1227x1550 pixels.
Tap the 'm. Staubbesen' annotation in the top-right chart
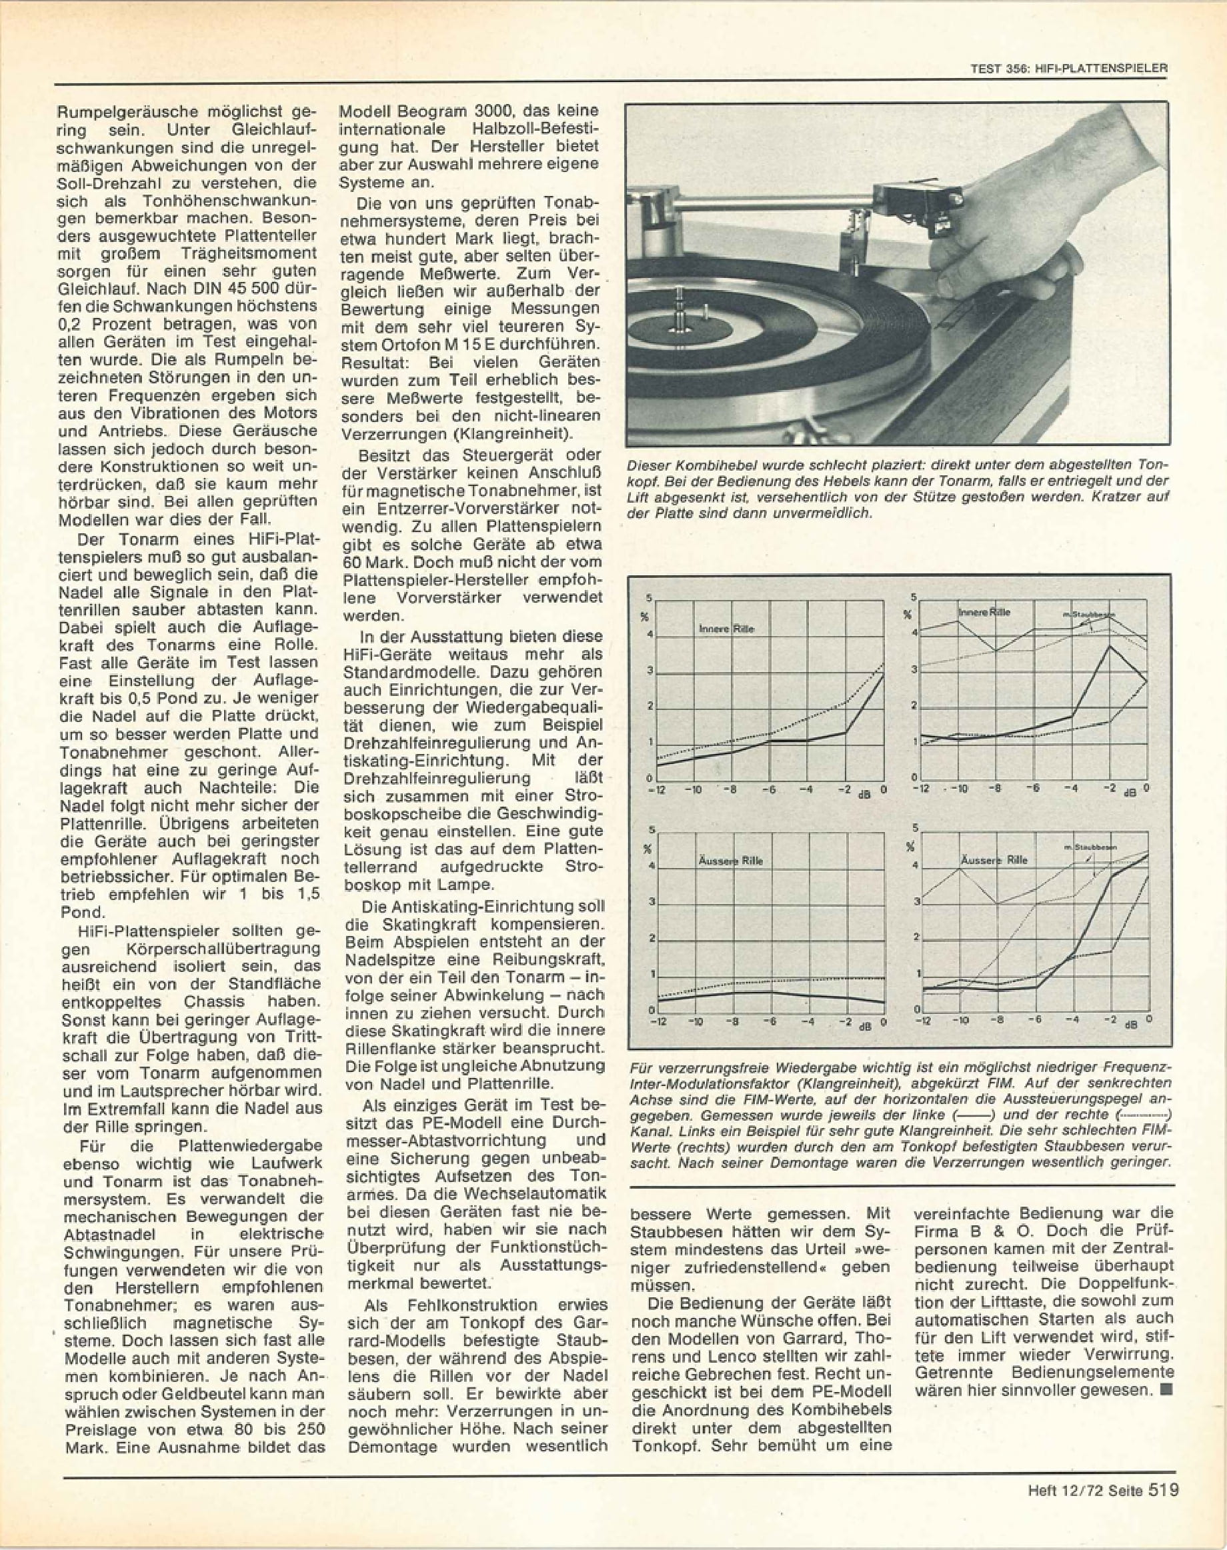pos(1088,614)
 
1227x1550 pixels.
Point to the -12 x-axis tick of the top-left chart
pos(657,790)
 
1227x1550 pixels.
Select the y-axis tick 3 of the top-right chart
pos(914,669)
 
